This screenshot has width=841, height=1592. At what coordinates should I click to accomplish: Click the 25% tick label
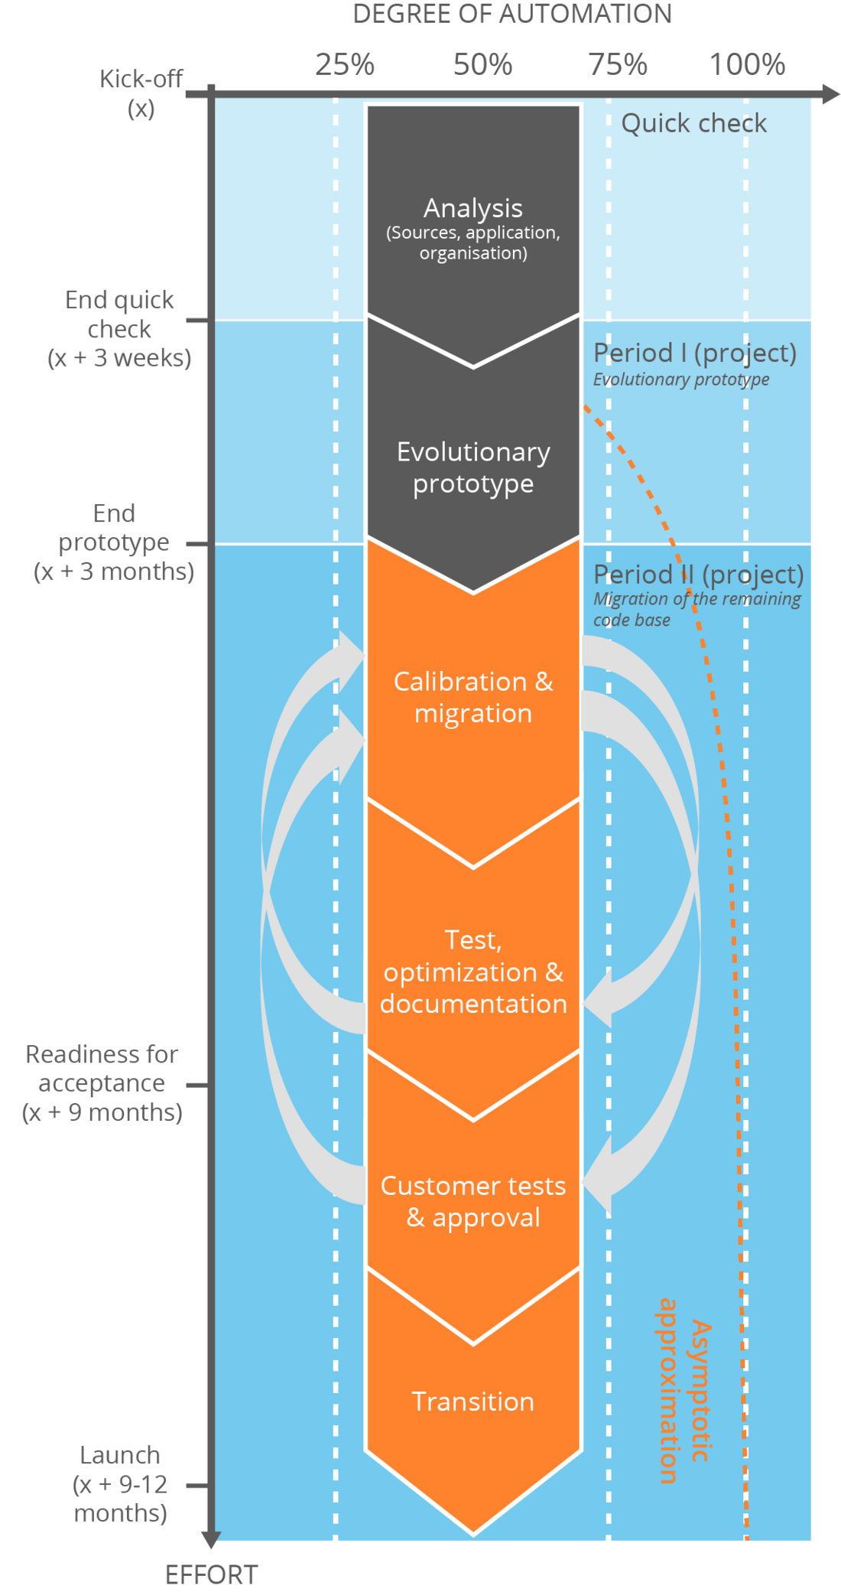[x=344, y=64]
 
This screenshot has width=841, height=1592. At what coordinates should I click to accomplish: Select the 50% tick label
[x=482, y=64]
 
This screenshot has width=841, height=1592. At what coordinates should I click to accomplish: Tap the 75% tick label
[x=618, y=64]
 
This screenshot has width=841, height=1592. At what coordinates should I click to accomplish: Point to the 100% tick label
[x=746, y=64]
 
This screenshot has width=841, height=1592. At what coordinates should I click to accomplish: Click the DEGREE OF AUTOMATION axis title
[x=511, y=14]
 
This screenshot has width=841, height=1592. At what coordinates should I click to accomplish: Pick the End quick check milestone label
[x=119, y=329]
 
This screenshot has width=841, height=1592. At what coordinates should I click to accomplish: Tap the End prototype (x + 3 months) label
[x=114, y=542]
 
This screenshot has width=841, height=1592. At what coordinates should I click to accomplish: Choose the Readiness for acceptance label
[x=102, y=1083]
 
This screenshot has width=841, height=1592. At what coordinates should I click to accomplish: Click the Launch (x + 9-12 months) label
[x=120, y=1484]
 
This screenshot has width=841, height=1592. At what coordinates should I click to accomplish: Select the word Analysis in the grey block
[x=473, y=208]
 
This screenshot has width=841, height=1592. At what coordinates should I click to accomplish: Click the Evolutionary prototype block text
[x=473, y=467]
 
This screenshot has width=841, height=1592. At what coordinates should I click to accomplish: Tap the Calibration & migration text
[x=473, y=697]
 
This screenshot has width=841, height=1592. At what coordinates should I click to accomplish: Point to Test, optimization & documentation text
[x=473, y=972]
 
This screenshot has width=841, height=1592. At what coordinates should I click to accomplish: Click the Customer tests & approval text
[x=473, y=1201]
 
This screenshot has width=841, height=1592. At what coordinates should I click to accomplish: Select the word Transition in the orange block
[x=473, y=1402]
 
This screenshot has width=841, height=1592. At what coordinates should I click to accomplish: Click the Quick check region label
[x=693, y=123]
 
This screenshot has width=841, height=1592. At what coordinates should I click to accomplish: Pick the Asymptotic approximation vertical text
[x=684, y=1390]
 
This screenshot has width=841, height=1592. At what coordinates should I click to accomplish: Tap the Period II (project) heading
[x=698, y=575]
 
